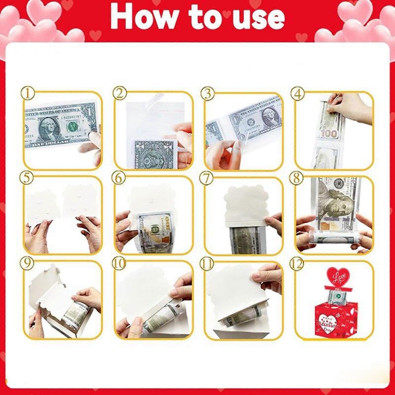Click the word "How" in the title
pyautogui.click(x=144, y=17)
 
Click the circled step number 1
pyautogui.click(x=28, y=93)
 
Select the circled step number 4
pyautogui.click(x=297, y=93)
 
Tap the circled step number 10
pyautogui.click(x=118, y=263)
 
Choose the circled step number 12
pyautogui.click(x=297, y=263)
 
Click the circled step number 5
pyautogui.click(x=28, y=178)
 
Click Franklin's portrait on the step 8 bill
pyautogui.click(x=335, y=207)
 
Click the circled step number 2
pyautogui.click(x=118, y=93)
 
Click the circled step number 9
pyautogui.click(x=28, y=263)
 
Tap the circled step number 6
pyautogui.click(x=118, y=178)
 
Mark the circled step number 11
pyautogui.click(x=208, y=263)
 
